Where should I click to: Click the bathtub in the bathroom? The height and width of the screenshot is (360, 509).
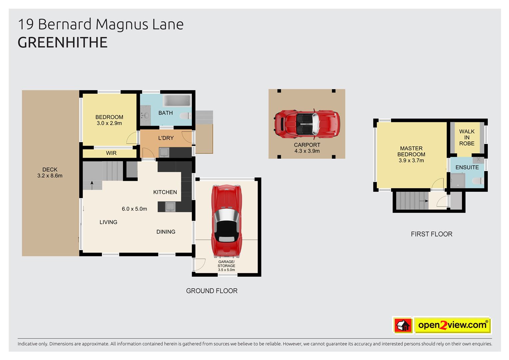pos(177,101)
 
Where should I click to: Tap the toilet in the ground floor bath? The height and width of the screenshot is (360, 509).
pos(184,116)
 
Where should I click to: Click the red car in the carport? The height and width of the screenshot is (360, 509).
pos(307,123)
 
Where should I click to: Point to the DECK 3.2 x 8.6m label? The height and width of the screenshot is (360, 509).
pos(50,173)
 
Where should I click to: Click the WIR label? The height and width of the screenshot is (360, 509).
pos(111,153)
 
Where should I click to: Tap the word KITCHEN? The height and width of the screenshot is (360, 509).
pos(165,192)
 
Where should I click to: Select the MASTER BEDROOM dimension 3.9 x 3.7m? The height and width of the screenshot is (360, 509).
pos(411,160)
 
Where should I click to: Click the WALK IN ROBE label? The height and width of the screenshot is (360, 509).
pos(467,137)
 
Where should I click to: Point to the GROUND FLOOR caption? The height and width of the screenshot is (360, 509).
pos(212,291)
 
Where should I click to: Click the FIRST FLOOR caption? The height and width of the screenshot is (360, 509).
pos(431,234)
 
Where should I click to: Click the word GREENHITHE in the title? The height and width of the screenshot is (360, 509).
pos(63,43)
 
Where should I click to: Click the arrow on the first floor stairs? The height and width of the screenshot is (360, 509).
pos(424,201)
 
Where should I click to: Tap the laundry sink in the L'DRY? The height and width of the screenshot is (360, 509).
pos(164,153)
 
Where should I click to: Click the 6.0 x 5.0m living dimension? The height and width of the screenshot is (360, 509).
pos(134,209)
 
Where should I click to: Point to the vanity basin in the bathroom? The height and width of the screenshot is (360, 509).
pos(146,115)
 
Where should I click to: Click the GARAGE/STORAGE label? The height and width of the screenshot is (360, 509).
pos(226,266)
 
